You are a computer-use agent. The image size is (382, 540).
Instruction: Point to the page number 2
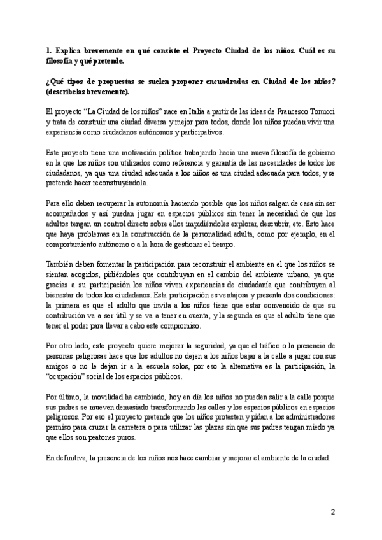(332, 511)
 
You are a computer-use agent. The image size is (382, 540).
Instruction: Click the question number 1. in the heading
(49, 50)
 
